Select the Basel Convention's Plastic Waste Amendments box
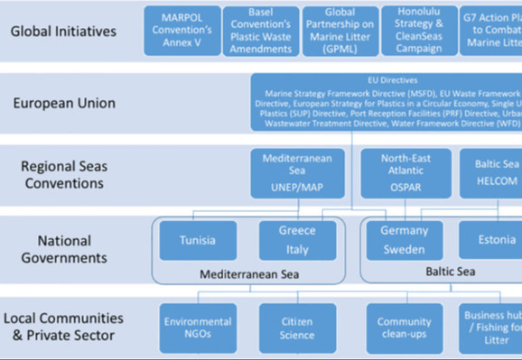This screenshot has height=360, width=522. click(254, 31)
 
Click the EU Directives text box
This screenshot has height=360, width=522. click(387, 102)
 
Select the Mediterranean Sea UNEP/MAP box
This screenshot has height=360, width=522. click(298, 173)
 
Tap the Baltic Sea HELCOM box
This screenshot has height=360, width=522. click(495, 173)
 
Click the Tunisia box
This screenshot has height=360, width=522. click(198, 241)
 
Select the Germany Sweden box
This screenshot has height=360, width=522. click(404, 241)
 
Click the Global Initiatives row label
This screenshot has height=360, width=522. click(64, 32)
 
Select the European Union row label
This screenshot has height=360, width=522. click(64, 103)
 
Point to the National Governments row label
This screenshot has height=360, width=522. click(64, 249)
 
